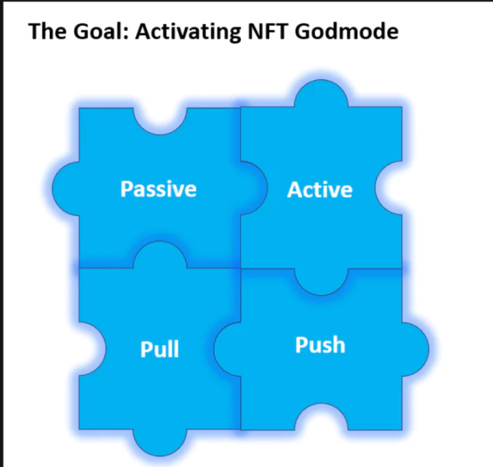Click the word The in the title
coord(47,31)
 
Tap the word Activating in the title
coord(188,32)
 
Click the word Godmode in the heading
coord(346,31)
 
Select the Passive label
coord(158,189)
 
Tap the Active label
coord(320,190)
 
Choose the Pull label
coord(160,349)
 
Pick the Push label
coord(320,345)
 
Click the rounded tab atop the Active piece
coord(321,93)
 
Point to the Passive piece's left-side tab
coord(66,189)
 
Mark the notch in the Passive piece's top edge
coord(160,121)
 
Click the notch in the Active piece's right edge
coord(389,188)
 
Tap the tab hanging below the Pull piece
coord(160,442)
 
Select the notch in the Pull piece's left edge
coord(92,349)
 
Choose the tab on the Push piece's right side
coord(416,349)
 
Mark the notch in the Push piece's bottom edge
coord(321,417)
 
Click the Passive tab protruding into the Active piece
coord(254,188)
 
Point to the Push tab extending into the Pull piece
coord(227,349)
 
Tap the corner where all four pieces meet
coord(240,268)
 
